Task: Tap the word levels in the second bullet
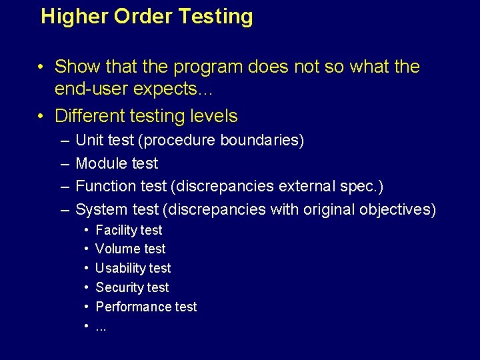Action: [x=209, y=116]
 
